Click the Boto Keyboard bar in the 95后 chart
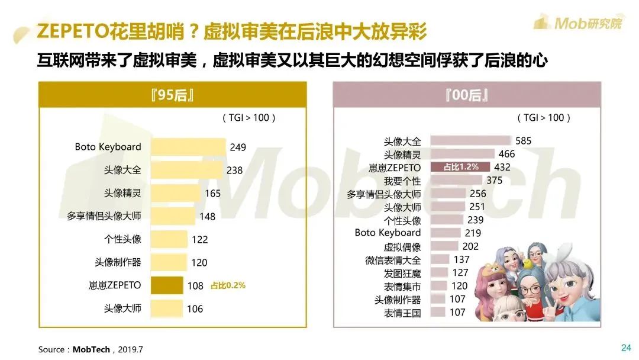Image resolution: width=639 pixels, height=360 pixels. pos(188,147)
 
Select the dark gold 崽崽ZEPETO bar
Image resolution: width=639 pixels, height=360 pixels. pos(167,285)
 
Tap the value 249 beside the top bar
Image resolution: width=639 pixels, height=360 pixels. pos(238,147)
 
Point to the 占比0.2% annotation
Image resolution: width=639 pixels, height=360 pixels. pos(228,285)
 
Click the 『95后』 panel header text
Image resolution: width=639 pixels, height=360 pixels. pos(173,95)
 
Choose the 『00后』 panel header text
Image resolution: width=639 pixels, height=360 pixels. pos(467,95)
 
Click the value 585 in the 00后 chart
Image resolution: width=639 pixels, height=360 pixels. pos(523,141)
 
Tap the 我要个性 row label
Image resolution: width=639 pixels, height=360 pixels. pos(402,181)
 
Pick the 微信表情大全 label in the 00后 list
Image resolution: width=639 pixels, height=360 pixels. pos(393,260)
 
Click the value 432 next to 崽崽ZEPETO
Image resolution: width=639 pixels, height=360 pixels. pos(502,168)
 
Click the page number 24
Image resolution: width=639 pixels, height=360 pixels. pos(626,348)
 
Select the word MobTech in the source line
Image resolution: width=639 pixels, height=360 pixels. pos(92,349)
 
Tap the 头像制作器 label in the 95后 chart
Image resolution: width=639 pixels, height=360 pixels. pos(118,262)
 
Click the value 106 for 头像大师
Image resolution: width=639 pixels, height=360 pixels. pos(195,308)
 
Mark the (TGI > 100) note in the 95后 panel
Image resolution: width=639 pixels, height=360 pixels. pos(249,118)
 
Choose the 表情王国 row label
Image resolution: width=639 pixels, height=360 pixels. pos(402,313)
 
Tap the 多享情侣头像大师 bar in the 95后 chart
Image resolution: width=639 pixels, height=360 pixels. pos(173,216)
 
